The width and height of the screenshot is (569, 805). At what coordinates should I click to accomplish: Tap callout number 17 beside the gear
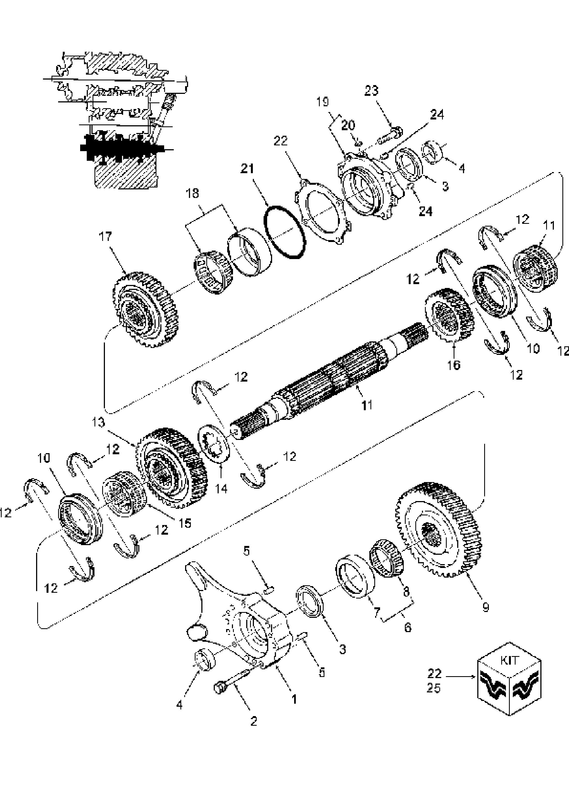(105, 237)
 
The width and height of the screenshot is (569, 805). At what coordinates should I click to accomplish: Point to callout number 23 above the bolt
(372, 91)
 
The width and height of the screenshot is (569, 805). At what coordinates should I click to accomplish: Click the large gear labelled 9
(439, 531)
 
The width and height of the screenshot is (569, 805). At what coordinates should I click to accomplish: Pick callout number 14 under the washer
(221, 489)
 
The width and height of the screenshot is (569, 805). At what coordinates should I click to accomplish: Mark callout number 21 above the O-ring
(247, 169)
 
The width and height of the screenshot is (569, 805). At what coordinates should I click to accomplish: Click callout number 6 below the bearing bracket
(407, 627)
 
